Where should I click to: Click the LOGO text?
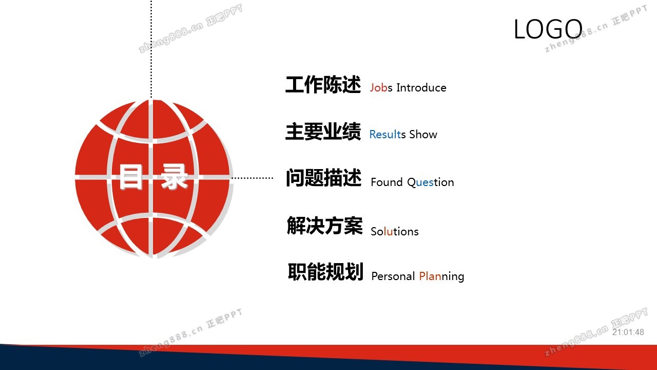548,29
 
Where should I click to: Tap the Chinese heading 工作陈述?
323,85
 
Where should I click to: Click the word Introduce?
421,87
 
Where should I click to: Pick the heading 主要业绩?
323,131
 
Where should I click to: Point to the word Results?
388,134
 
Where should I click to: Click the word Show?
423,134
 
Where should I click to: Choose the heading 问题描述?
323,178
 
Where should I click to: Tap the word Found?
387,182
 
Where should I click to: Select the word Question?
431,182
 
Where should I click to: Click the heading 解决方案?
325,226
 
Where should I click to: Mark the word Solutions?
395,231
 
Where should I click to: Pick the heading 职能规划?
325,272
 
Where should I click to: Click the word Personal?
393,276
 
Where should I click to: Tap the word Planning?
442,276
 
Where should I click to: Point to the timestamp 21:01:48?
628,332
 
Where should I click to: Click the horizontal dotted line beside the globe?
252,178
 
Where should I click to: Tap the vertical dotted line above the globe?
151,49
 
